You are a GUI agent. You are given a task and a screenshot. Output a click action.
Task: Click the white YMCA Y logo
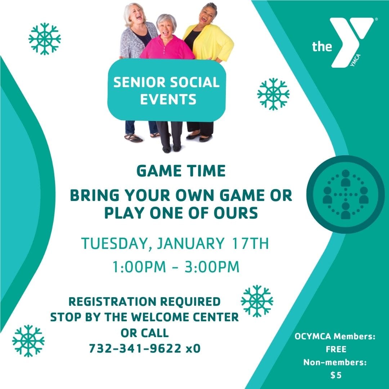(351, 40)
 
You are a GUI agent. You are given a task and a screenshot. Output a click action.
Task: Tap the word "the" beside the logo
(322, 46)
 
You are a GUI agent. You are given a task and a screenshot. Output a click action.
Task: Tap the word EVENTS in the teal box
(168, 99)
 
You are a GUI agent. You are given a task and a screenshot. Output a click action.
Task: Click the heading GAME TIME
(181, 171)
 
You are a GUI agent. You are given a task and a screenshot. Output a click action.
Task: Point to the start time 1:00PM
(139, 267)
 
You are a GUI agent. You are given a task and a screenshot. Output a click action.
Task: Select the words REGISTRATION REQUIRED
(144, 301)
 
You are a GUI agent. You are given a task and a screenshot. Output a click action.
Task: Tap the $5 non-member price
(336, 375)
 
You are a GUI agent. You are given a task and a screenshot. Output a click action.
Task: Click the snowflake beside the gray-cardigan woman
(45, 39)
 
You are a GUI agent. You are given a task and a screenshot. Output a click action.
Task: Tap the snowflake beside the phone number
(28, 341)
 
